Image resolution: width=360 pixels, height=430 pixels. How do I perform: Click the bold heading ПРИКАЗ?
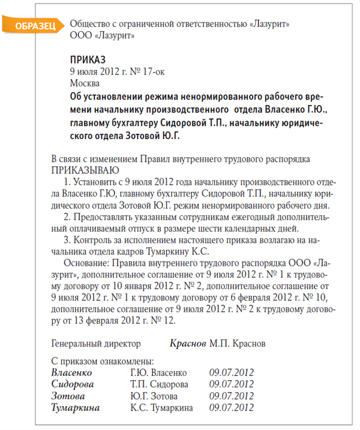[88, 60]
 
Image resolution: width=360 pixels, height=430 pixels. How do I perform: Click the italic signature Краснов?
[188, 344]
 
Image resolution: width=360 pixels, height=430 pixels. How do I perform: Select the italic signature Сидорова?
[73, 384]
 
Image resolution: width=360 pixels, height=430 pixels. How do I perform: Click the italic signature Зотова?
[68, 396]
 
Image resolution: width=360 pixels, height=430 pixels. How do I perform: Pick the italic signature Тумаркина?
[76, 408]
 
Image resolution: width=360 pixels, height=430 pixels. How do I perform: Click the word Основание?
[88, 263]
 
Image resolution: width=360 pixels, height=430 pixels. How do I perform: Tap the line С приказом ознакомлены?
[103, 362]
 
